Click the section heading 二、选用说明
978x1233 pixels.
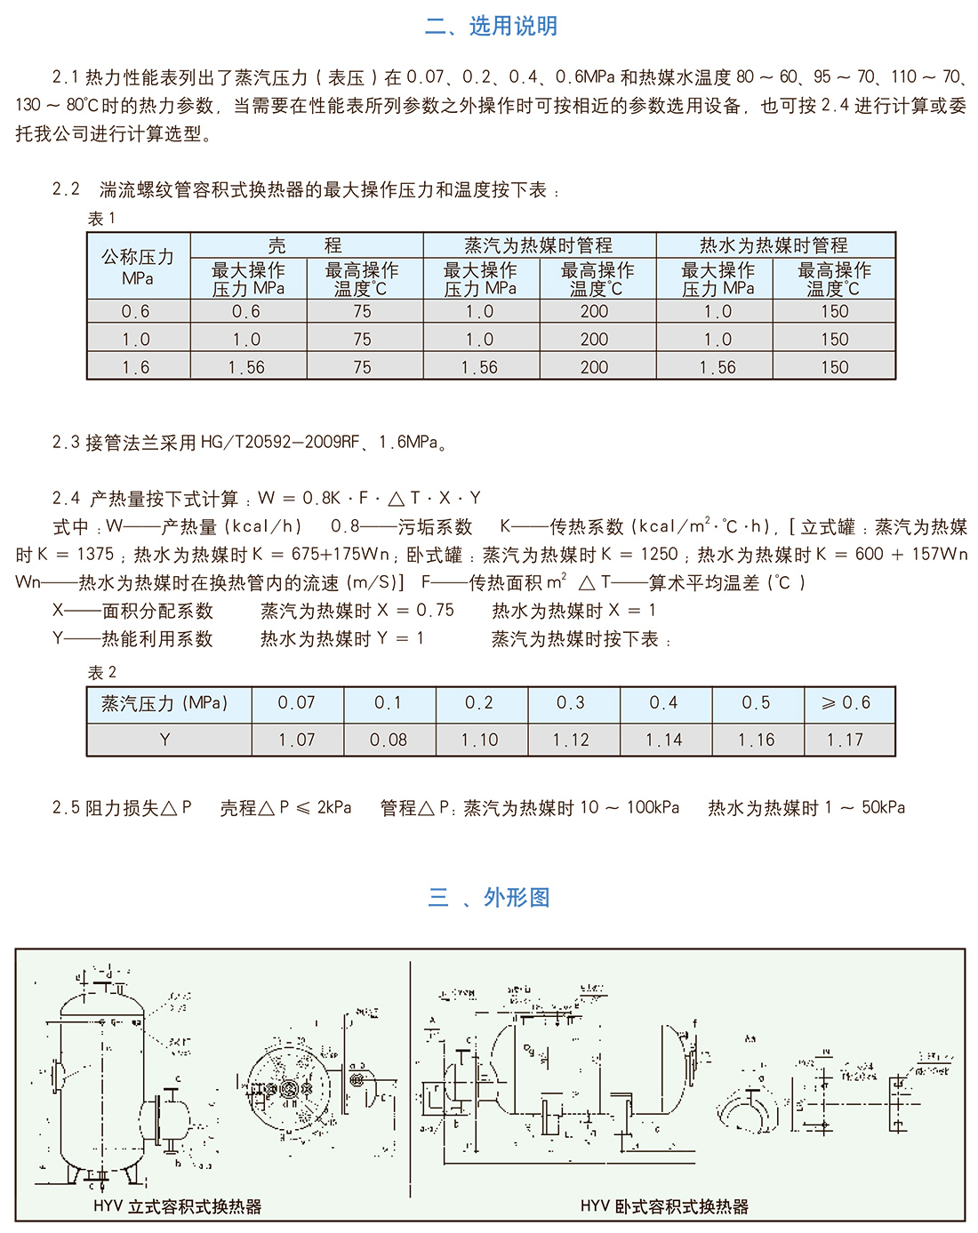click(491, 26)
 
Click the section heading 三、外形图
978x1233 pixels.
click(489, 897)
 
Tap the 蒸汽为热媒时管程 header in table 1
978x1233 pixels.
click(539, 245)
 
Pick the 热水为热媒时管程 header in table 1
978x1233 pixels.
click(774, 245)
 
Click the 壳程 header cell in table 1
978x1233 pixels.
click(306, 245)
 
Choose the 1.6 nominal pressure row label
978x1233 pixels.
click(137, 367)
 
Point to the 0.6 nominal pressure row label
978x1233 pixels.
click(137, 312)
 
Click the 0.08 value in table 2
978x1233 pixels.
click(389, 740)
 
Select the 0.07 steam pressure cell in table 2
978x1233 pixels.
click(296, 703)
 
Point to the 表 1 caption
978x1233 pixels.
click(101, 219)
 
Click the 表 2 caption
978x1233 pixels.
click(101, 673)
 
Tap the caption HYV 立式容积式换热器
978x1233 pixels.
click(178, 1206)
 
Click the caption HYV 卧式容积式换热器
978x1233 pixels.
click(664, 1206)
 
